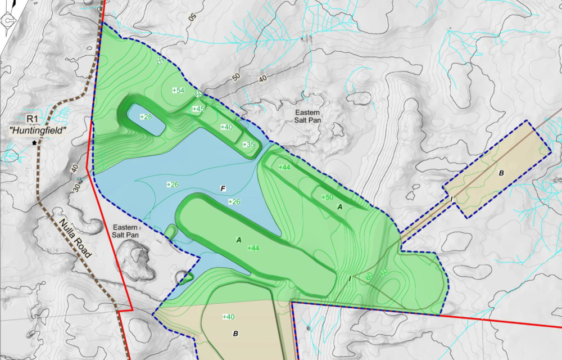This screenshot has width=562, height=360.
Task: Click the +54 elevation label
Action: click(178, 91)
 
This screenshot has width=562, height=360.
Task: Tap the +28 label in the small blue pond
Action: click(146, 117)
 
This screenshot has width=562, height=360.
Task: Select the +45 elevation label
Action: click(198, 109)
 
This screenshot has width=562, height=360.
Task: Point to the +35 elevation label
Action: click(248, 145)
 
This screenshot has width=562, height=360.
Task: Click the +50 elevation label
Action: click(327, 197)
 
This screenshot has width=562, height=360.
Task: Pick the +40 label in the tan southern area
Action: click(228, 317)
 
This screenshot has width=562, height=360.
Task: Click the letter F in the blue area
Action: click(224, 188)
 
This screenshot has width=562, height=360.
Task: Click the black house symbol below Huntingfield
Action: click(36, 142)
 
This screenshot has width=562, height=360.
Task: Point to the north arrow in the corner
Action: click(8, 20)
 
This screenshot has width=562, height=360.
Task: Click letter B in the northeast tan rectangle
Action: click(501, 173)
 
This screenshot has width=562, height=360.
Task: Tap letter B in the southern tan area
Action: click(235, 334)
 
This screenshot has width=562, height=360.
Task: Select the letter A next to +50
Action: click(339, 207)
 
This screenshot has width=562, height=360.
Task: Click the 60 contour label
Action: click(369, 276)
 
